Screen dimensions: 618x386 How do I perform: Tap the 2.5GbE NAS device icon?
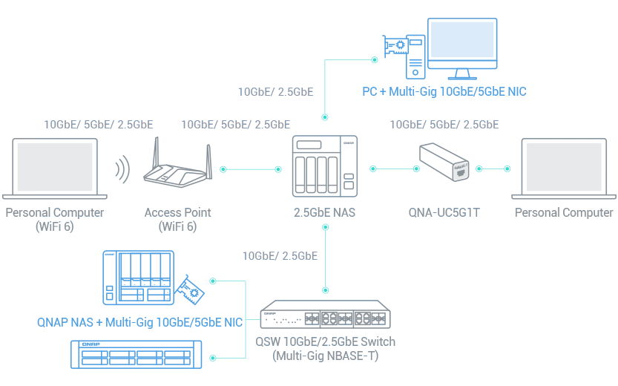click(325, 166)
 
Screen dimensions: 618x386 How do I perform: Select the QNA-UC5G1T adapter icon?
click(444, 162)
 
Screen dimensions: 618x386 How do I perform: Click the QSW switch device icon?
click(325, 314)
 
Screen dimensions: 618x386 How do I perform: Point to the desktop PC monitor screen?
click(462, 39)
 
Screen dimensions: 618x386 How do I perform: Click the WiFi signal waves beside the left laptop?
click(122, 169)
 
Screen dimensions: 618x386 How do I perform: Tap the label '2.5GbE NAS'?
click(324, 212)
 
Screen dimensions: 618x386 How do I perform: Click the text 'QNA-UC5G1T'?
click(444, 212)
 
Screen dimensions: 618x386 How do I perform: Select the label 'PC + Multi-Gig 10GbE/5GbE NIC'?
click(444, 91)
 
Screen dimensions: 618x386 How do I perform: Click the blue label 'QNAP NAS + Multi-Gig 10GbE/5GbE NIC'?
click(140, 322)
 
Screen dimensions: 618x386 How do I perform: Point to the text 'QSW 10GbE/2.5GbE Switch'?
click(325, 341)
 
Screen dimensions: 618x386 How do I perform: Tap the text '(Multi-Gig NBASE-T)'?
click(325, 356)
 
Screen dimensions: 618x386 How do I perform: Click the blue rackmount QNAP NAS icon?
click(137, 355)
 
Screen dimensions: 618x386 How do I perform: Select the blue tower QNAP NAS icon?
click(138, 278)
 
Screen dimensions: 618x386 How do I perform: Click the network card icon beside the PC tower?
click(395, 47)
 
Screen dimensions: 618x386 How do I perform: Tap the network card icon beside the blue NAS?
click(190, 289)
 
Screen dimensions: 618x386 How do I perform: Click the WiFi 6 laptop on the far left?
click(55, 169)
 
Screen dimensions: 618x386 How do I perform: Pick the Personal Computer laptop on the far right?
click(564, 169)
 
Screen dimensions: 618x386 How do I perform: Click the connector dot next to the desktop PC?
click(375, 60)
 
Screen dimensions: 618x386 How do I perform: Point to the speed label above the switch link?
click(280, 256)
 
